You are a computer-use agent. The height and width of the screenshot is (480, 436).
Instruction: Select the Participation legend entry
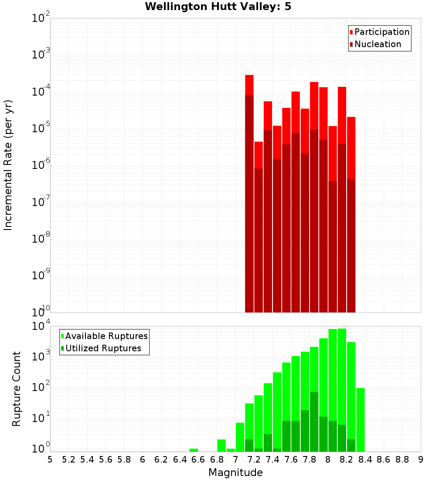381,32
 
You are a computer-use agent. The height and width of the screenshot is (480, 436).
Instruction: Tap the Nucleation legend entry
377,44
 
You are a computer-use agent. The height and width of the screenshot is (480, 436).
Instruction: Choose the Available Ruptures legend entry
106,336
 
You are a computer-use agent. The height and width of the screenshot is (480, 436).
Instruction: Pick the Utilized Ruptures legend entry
103,348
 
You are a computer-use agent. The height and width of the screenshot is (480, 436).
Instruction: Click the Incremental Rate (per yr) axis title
8,165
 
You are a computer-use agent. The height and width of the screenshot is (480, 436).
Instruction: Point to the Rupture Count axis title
17,389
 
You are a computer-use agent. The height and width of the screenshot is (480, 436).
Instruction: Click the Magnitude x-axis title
235,473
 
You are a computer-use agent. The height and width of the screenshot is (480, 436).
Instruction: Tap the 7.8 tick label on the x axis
310,459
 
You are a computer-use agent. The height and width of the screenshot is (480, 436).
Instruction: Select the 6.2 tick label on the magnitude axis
161,459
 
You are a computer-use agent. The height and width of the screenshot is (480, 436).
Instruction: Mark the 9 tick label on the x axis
420,459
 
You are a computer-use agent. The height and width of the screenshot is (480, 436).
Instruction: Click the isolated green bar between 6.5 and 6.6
194,450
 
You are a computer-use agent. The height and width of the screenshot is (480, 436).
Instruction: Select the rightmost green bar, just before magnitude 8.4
361,419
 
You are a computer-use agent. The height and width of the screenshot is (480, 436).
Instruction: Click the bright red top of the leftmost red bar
249,85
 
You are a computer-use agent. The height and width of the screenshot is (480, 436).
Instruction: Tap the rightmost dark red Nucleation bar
351,244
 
